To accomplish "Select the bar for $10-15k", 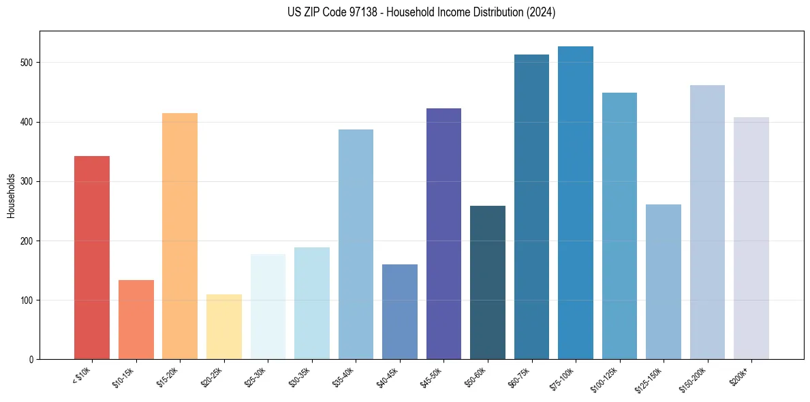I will click(136, 320).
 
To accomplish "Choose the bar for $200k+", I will click(751, 238).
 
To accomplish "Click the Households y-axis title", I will click(12, 195).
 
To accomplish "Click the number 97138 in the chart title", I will click(365, 12).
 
